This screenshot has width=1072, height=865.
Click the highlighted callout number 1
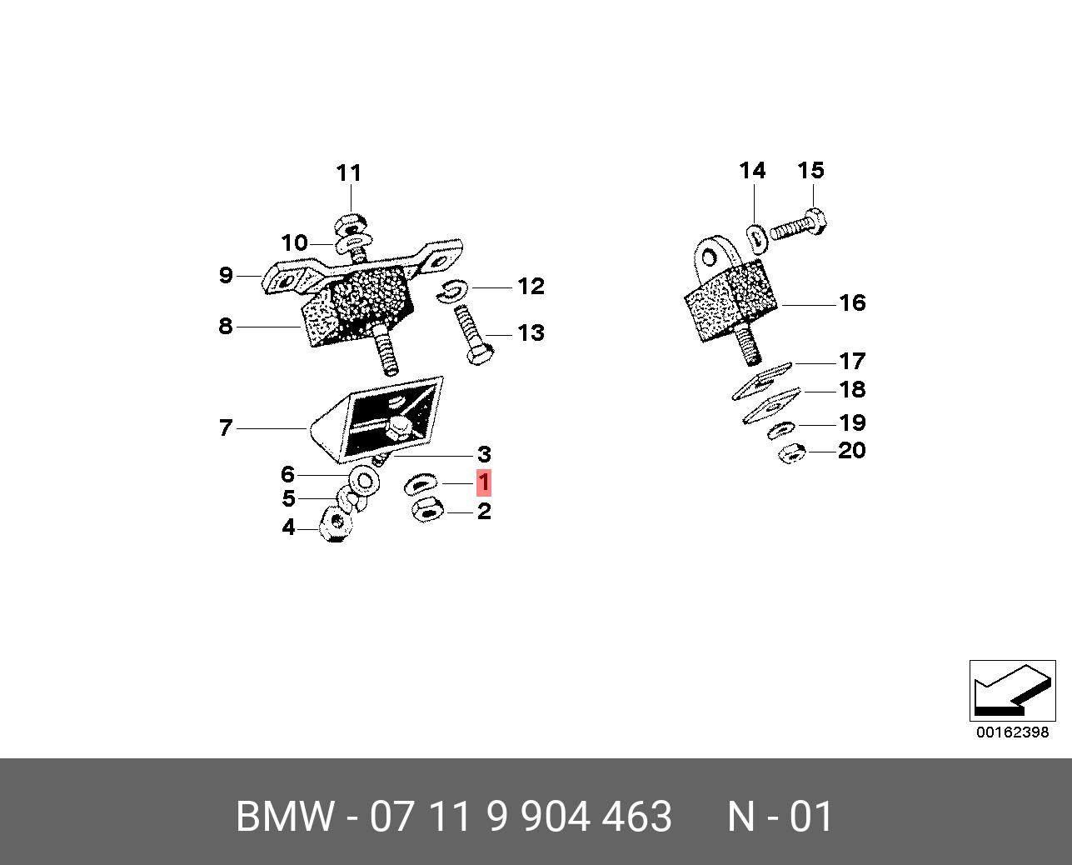pos(483,483)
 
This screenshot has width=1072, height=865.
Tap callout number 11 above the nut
pos(349,173)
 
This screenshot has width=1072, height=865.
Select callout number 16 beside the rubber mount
pos(852,302)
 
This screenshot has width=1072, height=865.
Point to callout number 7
pos(225,428)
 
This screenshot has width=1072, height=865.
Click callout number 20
pos(851,451)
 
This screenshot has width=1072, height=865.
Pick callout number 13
pos(531,333)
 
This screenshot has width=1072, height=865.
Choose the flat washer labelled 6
pos(364,481)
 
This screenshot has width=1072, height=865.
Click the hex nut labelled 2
pos(427,510)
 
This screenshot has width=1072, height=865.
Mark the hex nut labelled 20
pos(791,454)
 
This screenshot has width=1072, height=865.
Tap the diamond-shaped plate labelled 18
pos(771,407)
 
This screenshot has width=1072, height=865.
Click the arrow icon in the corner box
pos(1011,691)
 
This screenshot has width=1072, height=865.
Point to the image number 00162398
pos(1012,732)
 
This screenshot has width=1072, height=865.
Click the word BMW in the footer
pos(284,817)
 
